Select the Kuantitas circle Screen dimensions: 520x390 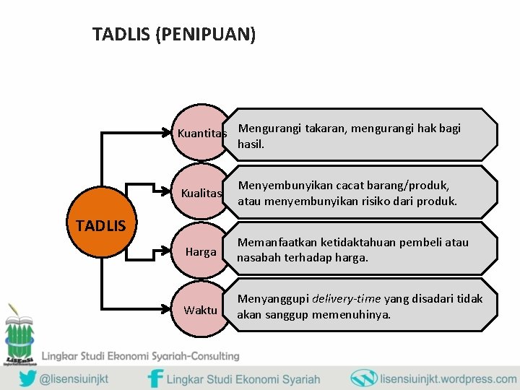coord(201,134)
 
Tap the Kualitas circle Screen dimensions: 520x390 coord(201,194)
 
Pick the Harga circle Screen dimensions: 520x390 coord(201,252)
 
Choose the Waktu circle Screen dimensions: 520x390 coord(201,310)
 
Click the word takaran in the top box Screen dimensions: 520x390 coord(325,129)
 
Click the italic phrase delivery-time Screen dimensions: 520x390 coord(346,298)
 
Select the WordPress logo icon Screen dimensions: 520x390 coord(363,378)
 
